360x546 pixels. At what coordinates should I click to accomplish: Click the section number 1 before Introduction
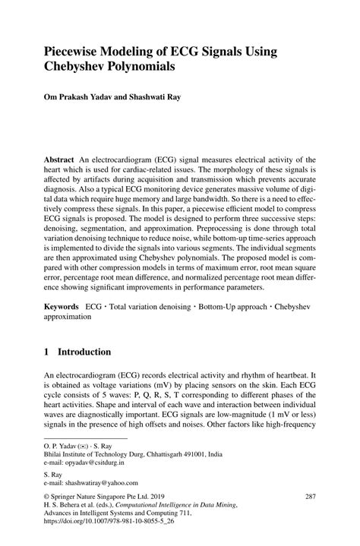coord(47,352)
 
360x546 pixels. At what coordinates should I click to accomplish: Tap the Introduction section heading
coord(84,352)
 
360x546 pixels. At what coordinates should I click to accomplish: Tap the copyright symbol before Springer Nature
coord(48,497)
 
